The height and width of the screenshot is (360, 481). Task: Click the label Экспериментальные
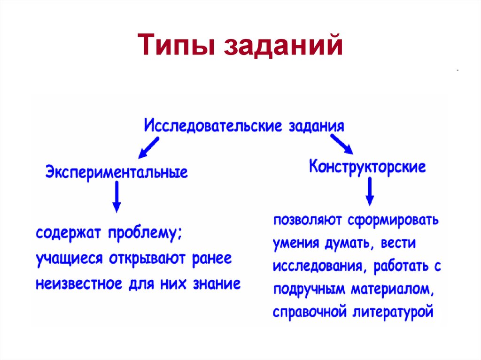(x=116, y=172)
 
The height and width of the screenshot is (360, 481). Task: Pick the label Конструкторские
(x=367, y=167)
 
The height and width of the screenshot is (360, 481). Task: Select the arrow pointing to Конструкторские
(x=341, y=144)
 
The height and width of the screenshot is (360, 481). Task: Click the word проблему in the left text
(x=145, y=233)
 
